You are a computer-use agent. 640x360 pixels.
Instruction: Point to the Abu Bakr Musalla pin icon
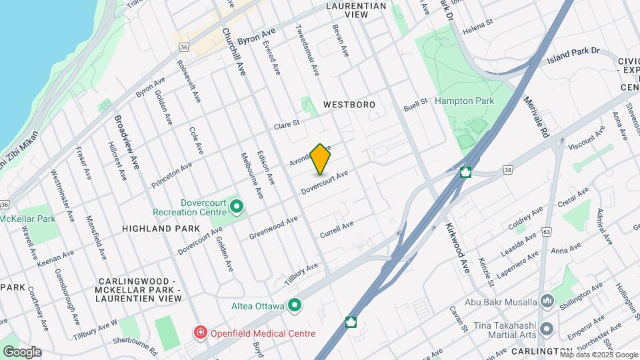coord(547,301)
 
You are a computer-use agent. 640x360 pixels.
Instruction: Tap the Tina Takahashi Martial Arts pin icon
coord(547,329)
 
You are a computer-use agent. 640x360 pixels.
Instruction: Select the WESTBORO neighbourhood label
coord(349,105)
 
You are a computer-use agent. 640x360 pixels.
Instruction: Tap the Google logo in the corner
coord(22,351)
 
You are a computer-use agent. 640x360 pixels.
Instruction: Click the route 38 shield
coord(509,171)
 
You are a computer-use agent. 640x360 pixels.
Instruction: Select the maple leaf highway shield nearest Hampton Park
coord(466,171)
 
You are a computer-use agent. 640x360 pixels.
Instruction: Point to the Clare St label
coord(287,124)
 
